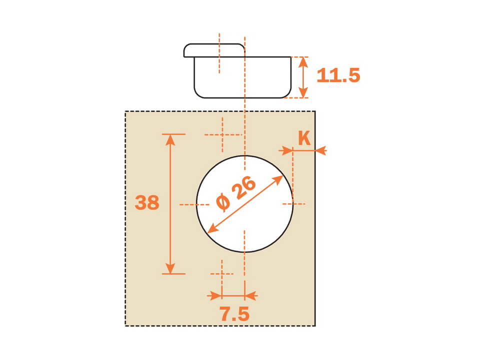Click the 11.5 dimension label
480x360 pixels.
[338, 75]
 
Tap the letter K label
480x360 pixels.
[304, 138]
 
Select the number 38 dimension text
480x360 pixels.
[147, 202]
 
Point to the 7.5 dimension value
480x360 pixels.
[235, 314]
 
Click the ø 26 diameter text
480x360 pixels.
[235, 193]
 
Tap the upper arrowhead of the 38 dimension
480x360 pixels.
[170, 139]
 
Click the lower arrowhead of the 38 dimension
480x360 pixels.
[170, 268]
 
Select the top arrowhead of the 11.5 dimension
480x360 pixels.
[303, 62]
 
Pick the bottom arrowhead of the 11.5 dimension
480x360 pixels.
[303, 92]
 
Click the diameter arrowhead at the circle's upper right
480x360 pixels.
[277, 179]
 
